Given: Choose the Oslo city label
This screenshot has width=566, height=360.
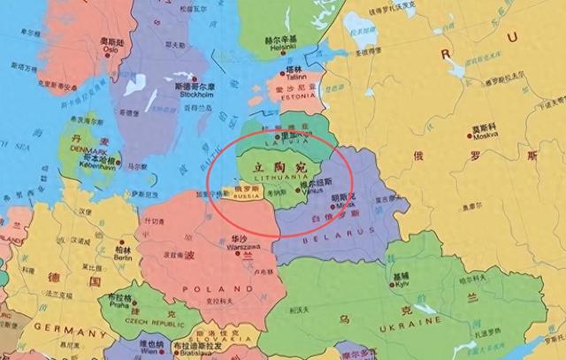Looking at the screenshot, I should click(x=111, y=50).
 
